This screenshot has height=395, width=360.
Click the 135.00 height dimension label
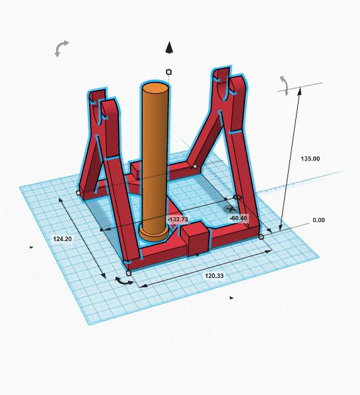(x=310, y=159)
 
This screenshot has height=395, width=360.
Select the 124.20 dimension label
(x=63, y=239)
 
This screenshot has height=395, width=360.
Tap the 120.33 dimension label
(x=214, y=276)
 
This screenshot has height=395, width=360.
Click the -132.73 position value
(x=178, y=219)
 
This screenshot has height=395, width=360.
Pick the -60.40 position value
(x=238, y=218)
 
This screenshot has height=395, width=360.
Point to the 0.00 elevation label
(x=318, y=220)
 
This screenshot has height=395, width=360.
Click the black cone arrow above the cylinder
(x=169, y=48)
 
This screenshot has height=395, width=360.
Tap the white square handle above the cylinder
(x=169, y=72)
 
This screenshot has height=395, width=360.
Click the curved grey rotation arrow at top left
(x=61, y=48)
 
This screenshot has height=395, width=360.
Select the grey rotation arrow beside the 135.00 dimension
(x=285, y=86)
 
